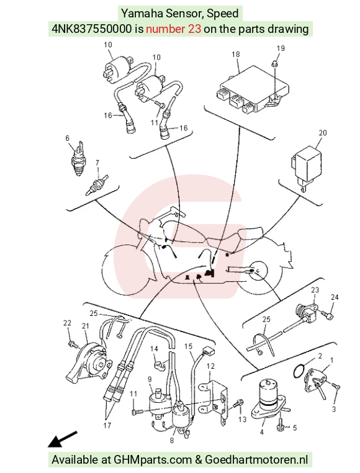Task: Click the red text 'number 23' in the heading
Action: tap(174, 29)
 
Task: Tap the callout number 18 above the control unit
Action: tap(236, 54)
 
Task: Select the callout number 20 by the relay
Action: tap(323, 133)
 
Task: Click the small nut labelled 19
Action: tap(274, 63)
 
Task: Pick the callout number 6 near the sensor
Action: tap(67, 138)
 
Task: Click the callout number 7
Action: tap(97, 163)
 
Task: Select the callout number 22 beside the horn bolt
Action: tap(67, 323)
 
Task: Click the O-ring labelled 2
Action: tap(299, 371)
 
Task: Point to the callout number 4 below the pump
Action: tap(262, 432)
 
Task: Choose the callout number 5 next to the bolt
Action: tap(295, 428)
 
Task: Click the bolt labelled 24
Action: tap(326, 315)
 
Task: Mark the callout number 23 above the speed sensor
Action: tap(315, 290)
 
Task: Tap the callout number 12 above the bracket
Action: tap(210, 366)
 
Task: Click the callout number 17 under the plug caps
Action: tap(107, 425)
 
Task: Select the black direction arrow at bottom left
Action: tap(62, 439)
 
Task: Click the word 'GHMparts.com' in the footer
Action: tap(153, 460)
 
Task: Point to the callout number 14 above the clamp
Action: tap(154, 349)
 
